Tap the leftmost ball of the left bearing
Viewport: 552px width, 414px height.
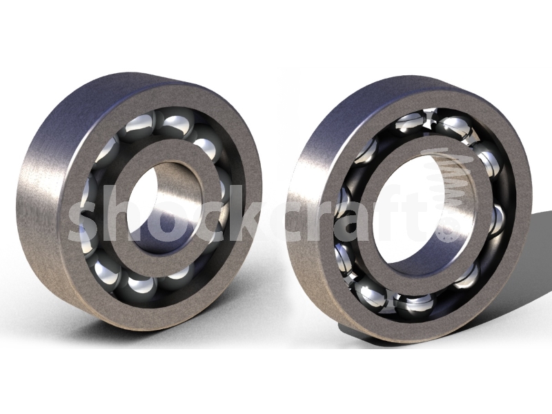click(88, 200)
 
